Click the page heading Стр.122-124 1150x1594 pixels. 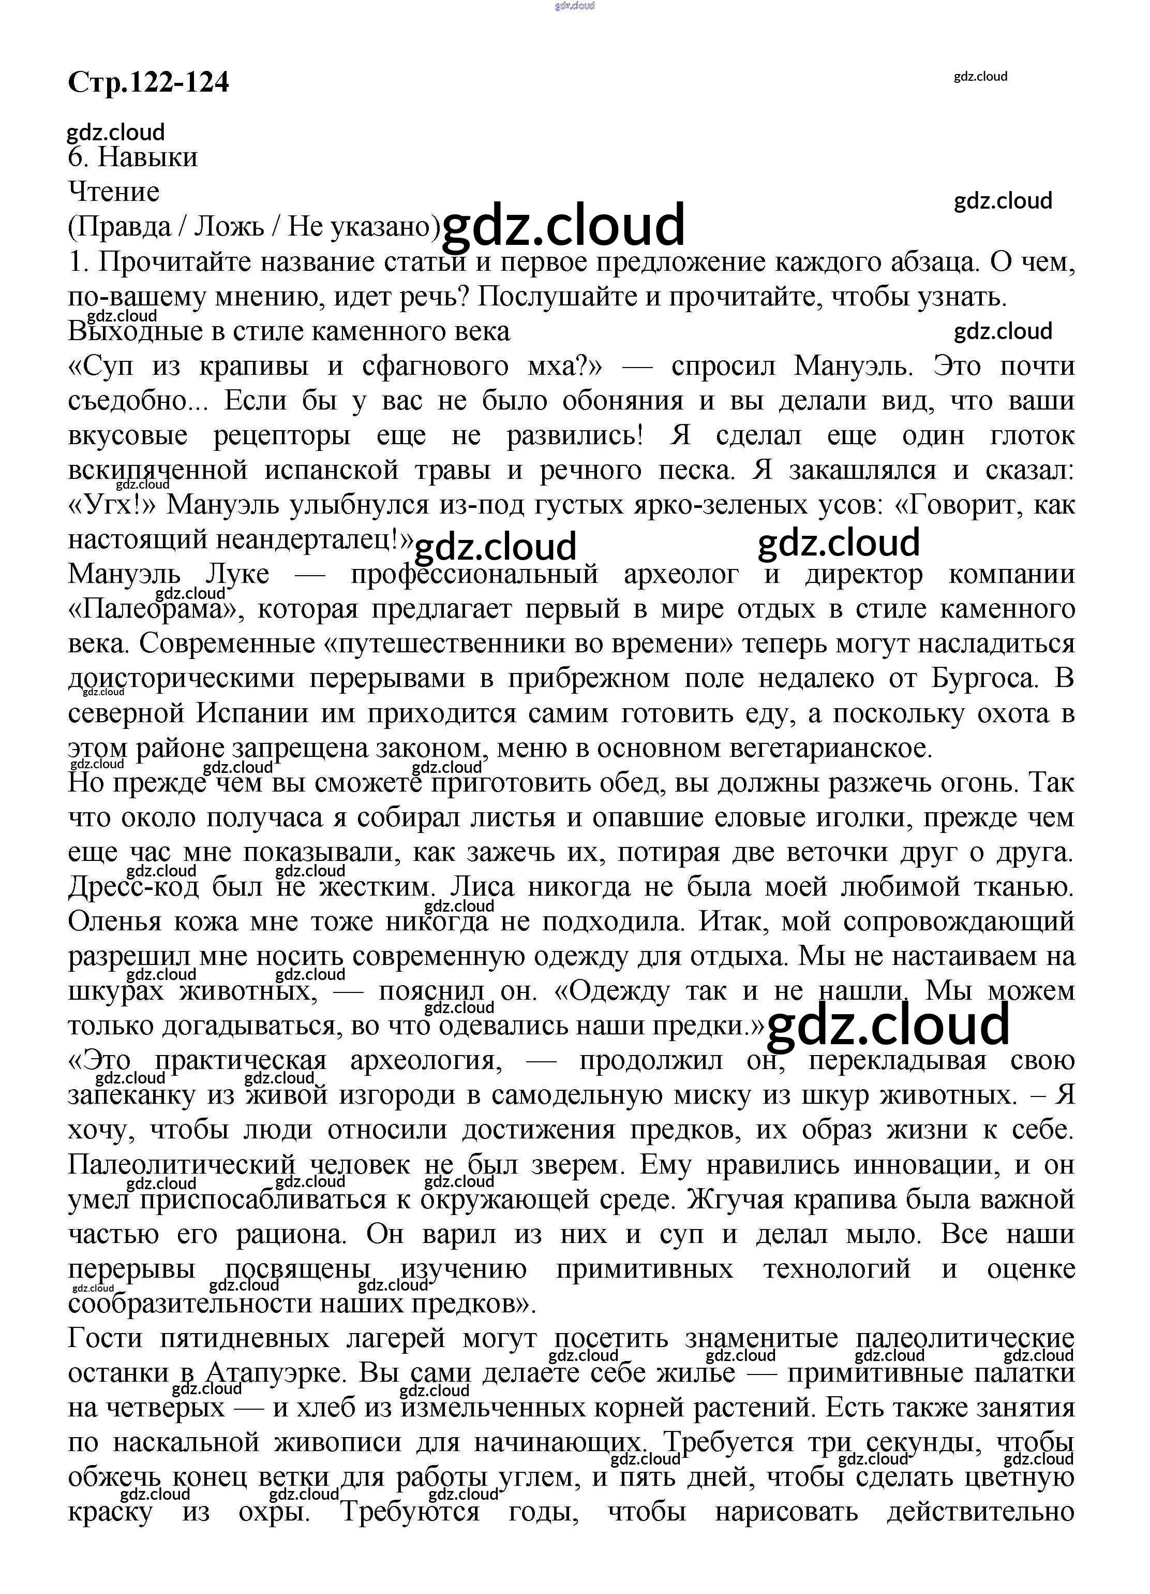(x=148, y=82)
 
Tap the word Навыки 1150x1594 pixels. (x=147, y=157)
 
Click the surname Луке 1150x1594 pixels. (x=237, y=574)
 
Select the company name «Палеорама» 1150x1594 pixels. (x=155, y=609)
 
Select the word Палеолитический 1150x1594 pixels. (x=181, y=1165)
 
